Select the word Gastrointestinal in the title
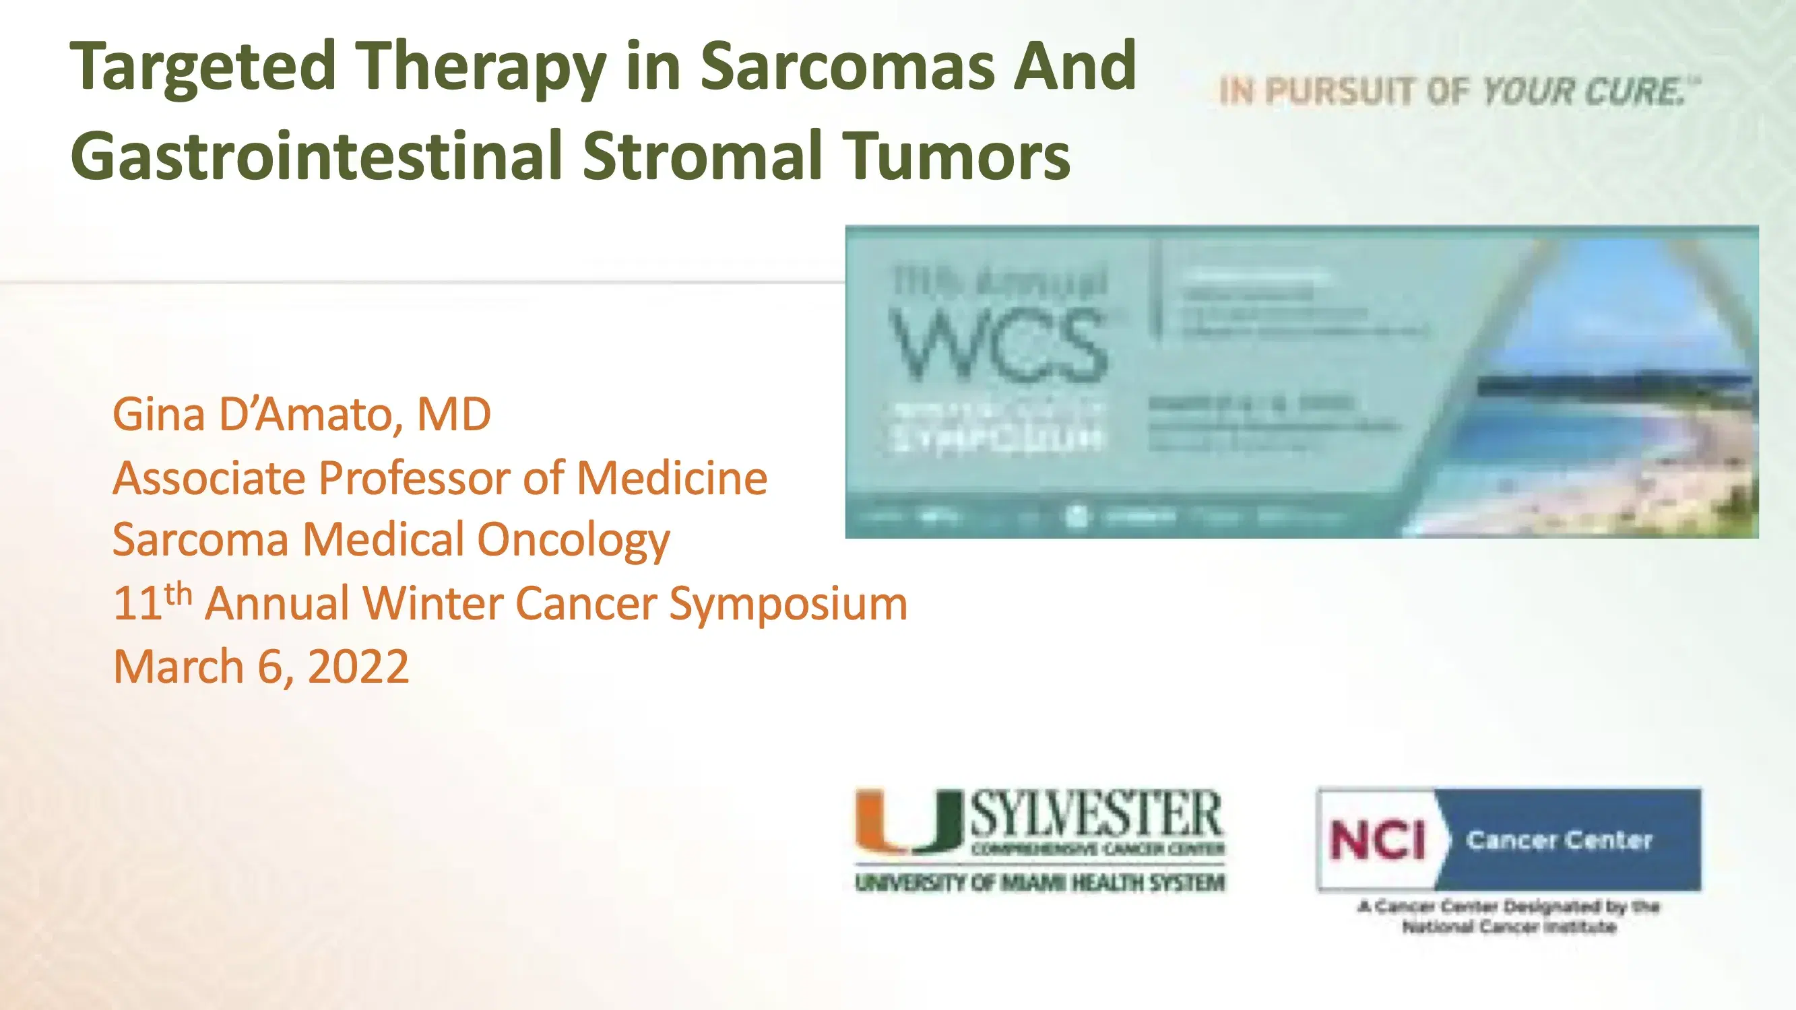316,155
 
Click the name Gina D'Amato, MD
301,415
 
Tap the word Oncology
573,541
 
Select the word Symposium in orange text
788,603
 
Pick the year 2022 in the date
358,667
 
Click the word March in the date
178,667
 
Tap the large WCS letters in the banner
998,346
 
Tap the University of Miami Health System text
1039,883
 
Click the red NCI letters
1378,840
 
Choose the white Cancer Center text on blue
1559,840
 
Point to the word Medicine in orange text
672,479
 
